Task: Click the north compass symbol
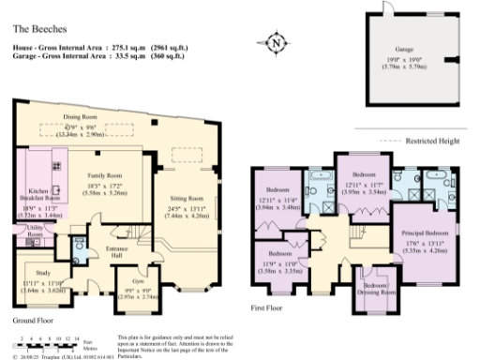[275, 42]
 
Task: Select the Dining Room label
[81, 116]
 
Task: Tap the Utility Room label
[35, 231]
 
